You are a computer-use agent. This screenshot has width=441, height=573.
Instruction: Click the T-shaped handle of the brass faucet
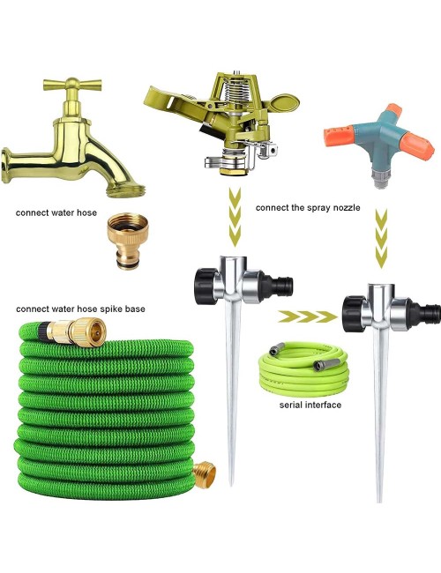(72, 86)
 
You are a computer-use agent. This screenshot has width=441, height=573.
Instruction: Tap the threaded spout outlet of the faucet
(127, 190)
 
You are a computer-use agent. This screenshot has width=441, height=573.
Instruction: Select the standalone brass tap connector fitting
(128, 241)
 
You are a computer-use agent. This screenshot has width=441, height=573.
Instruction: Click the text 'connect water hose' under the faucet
(56, 213)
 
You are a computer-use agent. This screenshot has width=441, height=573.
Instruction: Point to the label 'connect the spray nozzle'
(308, 208)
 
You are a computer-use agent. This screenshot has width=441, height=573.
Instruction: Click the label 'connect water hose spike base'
(80, 309)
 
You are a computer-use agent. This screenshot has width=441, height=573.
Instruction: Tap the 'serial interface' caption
(310, 405)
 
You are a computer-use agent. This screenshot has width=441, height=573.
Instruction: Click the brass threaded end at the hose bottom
(204, 475)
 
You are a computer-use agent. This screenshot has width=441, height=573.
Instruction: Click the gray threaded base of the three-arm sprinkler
(380, 178)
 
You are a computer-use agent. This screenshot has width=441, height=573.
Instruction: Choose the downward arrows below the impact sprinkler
(235, 217)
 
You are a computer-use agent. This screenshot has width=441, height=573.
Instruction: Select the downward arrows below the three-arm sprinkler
(381, 239)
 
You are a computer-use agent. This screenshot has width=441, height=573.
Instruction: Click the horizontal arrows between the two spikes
(308, 316)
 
